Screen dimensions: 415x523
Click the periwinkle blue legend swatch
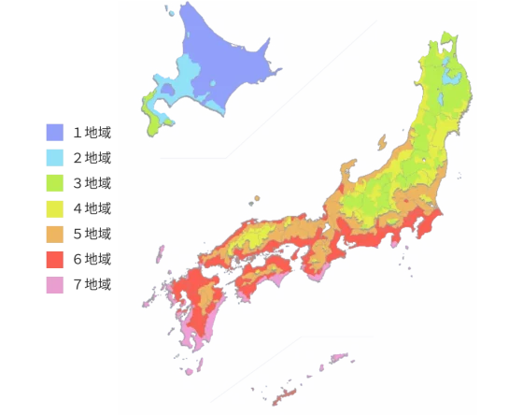[55, 131]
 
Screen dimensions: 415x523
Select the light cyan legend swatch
[55, 157]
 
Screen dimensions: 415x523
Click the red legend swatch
[55, 259]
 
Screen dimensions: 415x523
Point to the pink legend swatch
[55, 287]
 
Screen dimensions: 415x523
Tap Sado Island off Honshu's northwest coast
[381, 142]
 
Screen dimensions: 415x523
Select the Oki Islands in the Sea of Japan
[254, 199]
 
